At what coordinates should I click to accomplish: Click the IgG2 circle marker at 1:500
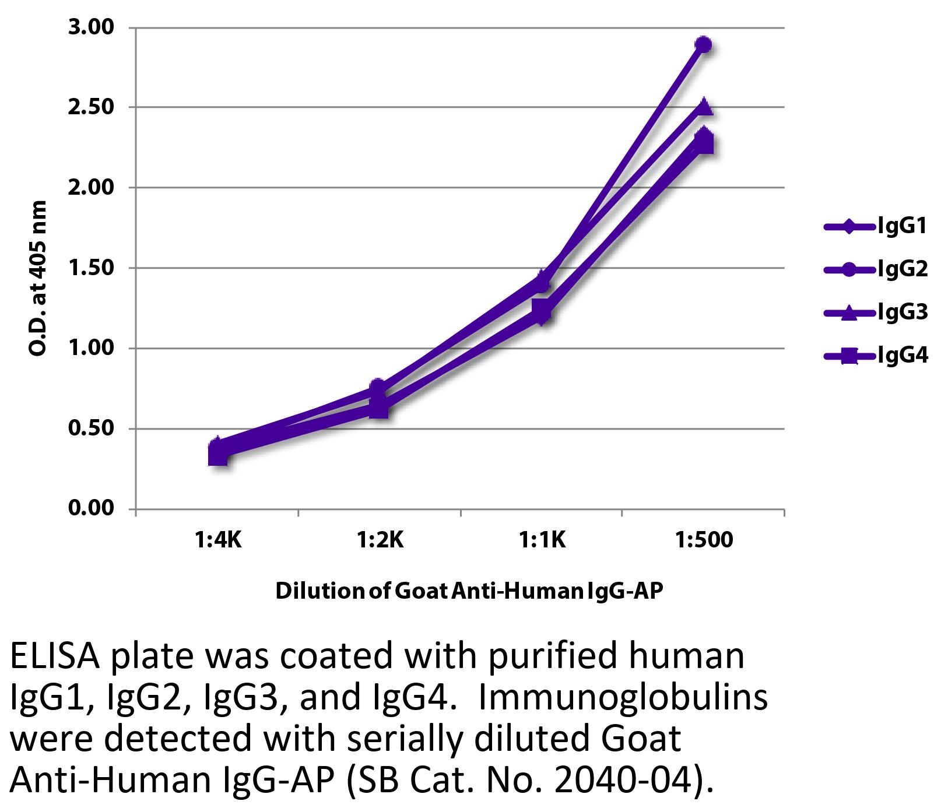[x=704, y=45]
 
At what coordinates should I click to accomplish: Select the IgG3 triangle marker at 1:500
[x=704, y=107]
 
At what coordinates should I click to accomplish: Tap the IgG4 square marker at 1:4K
[x=217, y=455]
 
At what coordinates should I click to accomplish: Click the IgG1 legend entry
[x=875, y=226]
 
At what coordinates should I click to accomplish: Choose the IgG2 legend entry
[x=875, y=269]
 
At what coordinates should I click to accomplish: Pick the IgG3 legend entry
[x=875, y=312]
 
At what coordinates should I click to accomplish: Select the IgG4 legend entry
[x=875, y=356]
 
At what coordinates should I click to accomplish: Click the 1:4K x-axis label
[x=217, y=540]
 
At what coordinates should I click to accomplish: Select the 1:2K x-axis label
[x=380, y=540]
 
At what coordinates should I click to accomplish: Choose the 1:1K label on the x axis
[x=542, y=540]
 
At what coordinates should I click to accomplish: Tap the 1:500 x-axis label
[x=704, y=540]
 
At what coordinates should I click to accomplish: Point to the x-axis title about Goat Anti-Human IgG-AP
[x=469, y=591]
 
